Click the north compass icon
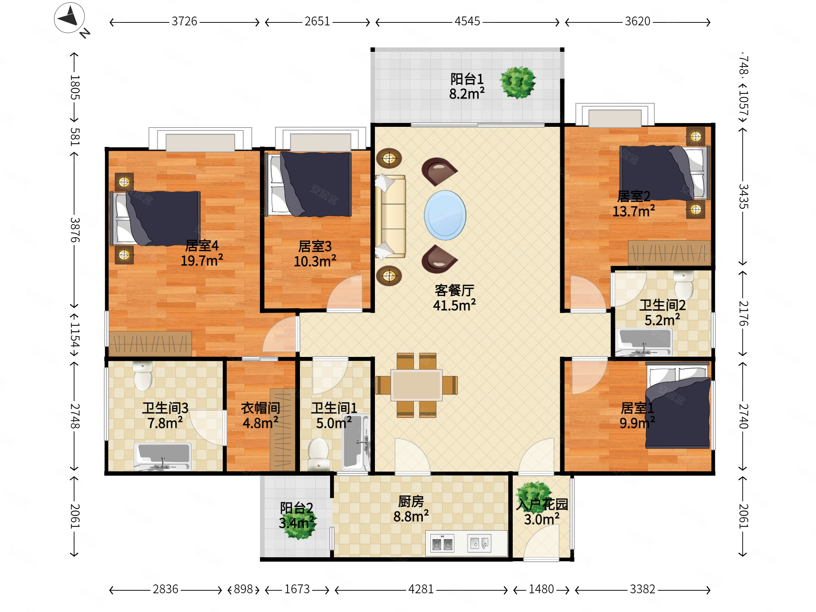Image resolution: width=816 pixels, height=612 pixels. point(69,18)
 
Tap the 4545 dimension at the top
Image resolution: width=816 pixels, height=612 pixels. point(467,21)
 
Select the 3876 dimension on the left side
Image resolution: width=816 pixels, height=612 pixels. point(75,229)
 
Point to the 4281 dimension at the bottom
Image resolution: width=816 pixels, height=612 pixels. point(420,589)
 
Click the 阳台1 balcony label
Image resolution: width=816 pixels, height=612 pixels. point(467,79)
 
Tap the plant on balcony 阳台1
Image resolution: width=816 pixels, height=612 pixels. point(518,82)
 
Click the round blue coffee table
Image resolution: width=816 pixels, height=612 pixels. point(445,215)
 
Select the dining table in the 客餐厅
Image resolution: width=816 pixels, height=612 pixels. point(416,385)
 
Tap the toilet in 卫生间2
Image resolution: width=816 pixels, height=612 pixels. point(683,285)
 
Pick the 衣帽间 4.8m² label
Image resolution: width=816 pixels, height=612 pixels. point(261,415)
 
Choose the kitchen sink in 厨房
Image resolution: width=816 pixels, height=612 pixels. point(479,543)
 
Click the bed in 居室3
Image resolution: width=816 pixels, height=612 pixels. point(308,184)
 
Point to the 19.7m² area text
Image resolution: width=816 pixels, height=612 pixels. point(202,261)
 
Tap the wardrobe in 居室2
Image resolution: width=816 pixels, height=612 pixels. point(669,253)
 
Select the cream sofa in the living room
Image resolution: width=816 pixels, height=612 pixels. point(390,216)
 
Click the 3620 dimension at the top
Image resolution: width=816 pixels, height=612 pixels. point(637,21)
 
